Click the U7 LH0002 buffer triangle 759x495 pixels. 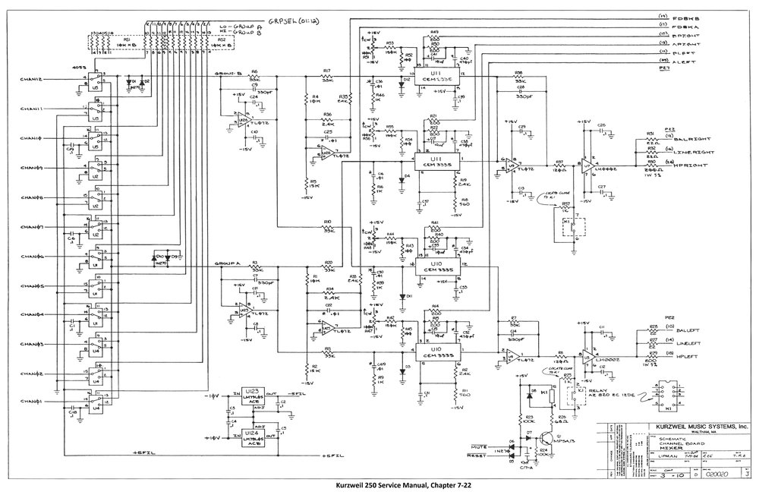pyautogui.click(x=588, y=162)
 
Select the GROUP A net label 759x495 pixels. pyautogui.click(x=228, y=263)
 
